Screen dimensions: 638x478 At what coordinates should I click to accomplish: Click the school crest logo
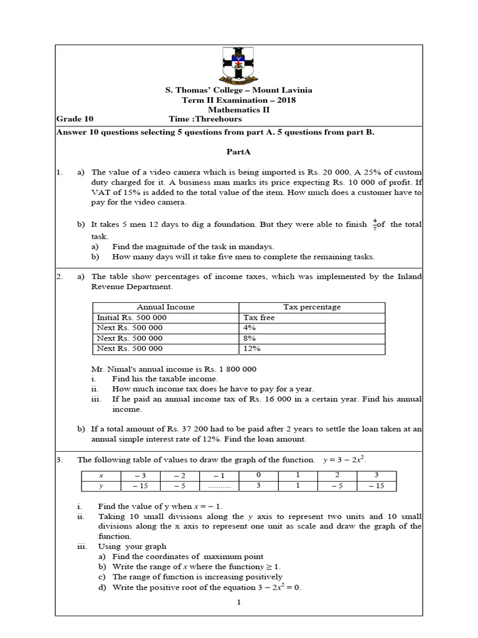tap(238, 64)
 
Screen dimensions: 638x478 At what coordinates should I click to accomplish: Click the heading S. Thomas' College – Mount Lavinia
tap(238, 90)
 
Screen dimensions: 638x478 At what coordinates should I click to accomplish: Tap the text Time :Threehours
tap(205, 118)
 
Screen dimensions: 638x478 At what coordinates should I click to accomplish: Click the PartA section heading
tap(238, 151)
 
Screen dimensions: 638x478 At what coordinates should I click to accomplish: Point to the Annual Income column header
tap(166, 307)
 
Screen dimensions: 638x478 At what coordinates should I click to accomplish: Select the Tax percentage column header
tap(312, 307)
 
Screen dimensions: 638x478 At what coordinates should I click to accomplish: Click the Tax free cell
tap(259, 318)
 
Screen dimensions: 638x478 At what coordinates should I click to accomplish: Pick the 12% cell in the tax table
tap(252, 349)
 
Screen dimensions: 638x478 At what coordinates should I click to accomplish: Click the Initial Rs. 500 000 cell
tap(132, 318)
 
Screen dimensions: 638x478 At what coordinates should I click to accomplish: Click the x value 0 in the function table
tap(258, 475)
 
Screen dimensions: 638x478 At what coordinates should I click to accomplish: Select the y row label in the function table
tap(101, 486)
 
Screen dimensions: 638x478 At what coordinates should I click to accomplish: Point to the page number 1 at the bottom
tap(238, 602)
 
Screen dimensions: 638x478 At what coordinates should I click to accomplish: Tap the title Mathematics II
tap(238, 109)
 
